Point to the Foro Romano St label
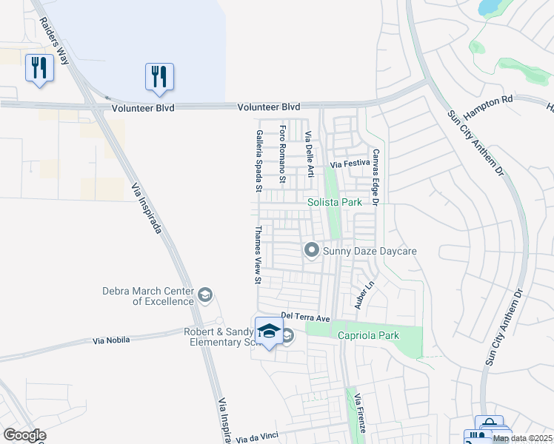point(283,155)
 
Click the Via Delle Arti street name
point(310,155)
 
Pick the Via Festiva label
point(349,164)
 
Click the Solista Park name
point(335,201)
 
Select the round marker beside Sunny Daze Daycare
point(312,251)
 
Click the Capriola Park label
point(368,335)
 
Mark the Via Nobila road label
point(112,340)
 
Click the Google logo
point(24,435)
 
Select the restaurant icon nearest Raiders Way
point(37,68)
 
